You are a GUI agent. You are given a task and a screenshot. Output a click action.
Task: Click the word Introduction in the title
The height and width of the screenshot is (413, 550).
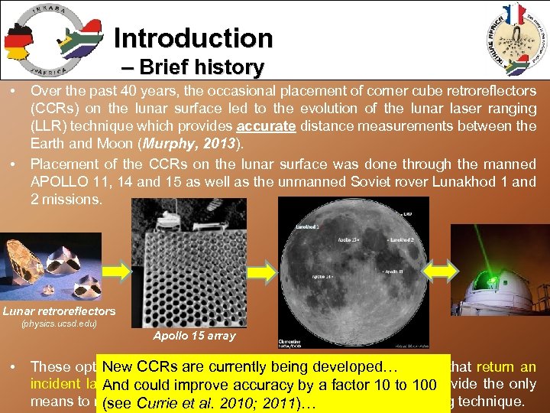(192, 37)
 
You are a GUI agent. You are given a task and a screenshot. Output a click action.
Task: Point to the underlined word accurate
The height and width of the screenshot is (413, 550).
(267, 126)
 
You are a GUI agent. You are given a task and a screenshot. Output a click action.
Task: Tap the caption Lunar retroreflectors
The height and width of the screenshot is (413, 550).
(59, 311)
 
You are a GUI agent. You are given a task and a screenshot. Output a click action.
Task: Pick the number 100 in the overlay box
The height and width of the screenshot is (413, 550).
(421, 385)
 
